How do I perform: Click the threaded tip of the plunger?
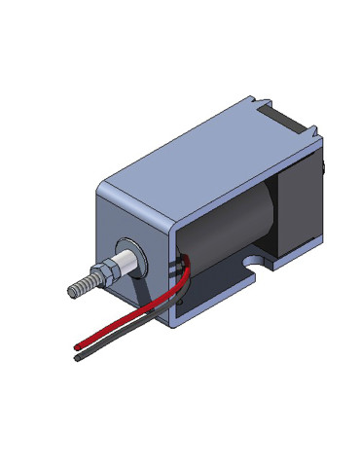[x=85, y=286]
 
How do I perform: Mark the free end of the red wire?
[x=76, y=345]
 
